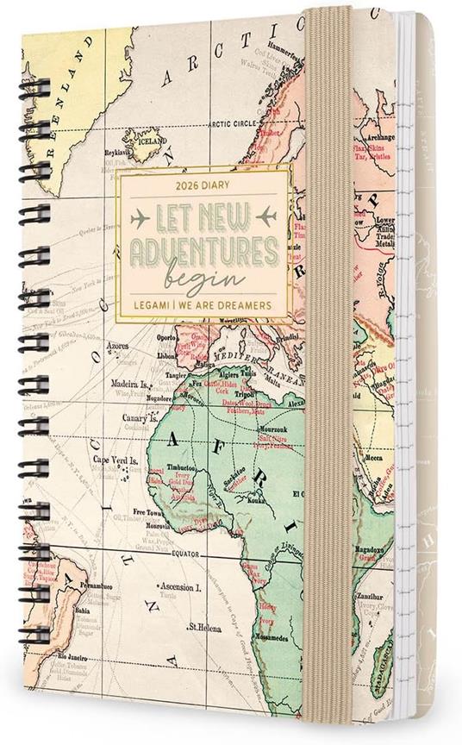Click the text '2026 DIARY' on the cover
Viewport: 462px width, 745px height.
tap(198, 184)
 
